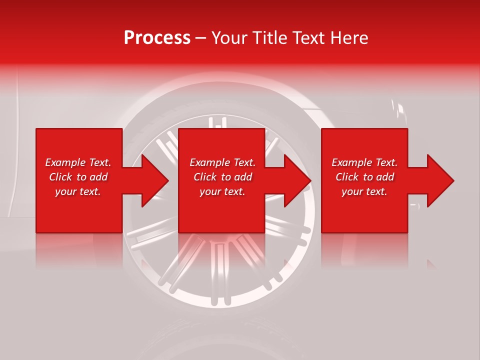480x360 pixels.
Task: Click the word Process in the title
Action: point(157,38)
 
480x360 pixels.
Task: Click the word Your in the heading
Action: point(230,38)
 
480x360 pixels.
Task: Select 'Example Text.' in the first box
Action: point(78,162)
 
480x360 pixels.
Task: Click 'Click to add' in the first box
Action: point(78,177)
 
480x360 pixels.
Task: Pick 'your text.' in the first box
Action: point(78,191)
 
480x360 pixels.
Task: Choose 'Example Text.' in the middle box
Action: point(222,162)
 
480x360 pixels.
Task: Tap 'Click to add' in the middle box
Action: point(222,177)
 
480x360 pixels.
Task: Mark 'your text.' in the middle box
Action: point(222,191)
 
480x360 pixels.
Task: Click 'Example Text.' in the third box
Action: point(364,162)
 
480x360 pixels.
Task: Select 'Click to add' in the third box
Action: point(364,177)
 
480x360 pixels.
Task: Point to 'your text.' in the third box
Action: point(364,191)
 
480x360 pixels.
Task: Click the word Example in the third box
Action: point(351,162)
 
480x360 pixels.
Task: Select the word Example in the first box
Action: point(65,162)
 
